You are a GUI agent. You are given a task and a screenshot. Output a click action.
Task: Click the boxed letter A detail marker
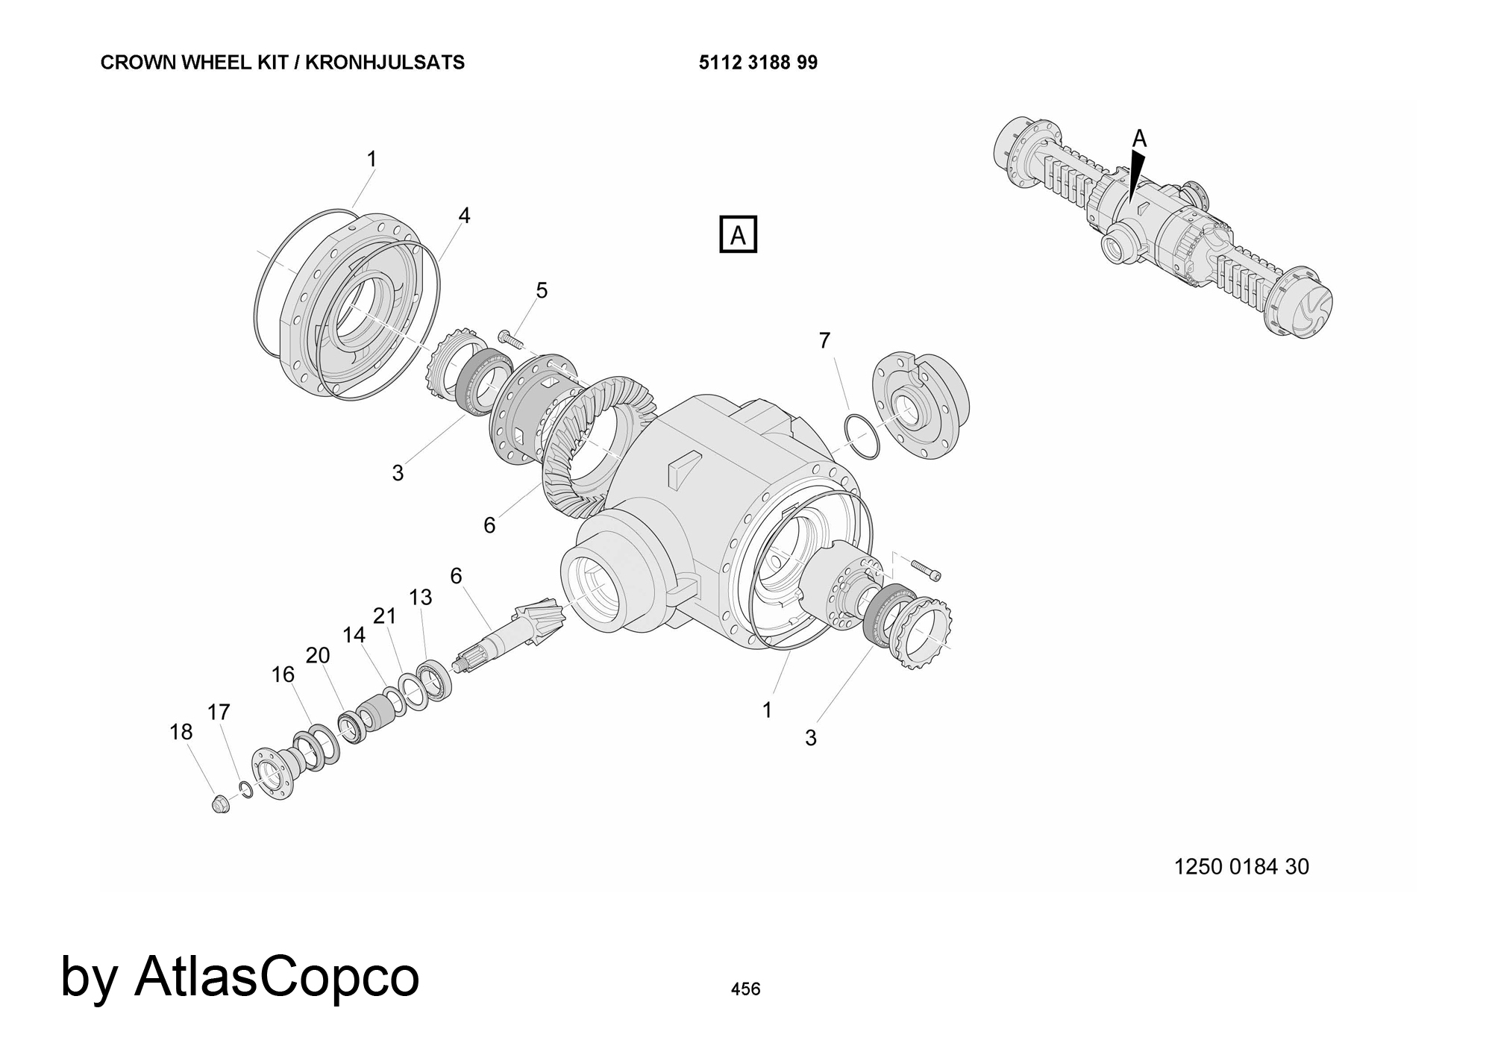point(738,234)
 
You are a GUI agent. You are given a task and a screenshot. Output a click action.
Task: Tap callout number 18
point(181,732)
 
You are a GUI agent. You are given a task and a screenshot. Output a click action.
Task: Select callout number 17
point(219,713)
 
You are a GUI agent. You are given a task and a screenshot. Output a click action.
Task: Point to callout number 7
point(824,340)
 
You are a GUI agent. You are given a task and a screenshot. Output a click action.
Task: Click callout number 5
point(542,290)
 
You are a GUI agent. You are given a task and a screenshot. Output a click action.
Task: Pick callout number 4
point(464,216)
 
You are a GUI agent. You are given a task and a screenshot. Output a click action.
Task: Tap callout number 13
point(421,597)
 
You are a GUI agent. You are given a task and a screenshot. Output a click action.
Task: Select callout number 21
point(384,616)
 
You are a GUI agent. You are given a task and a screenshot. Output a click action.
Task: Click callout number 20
point(318,655)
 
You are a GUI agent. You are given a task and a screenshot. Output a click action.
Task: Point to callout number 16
point(283,674)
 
